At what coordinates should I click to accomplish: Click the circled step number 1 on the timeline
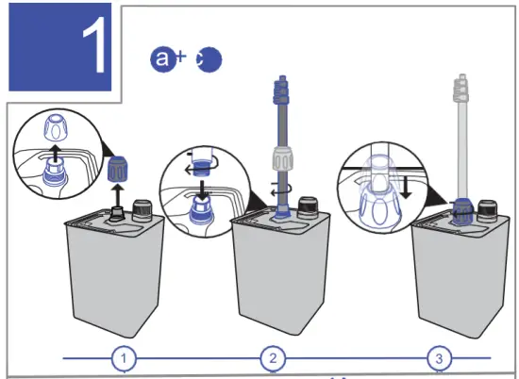click(x=125, y=358)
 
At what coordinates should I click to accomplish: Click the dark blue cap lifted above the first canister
click(x=119, y=173)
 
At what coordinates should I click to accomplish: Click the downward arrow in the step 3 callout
click(x=404, y=186)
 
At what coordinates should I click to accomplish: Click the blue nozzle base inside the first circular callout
click(x=56, y=173)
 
